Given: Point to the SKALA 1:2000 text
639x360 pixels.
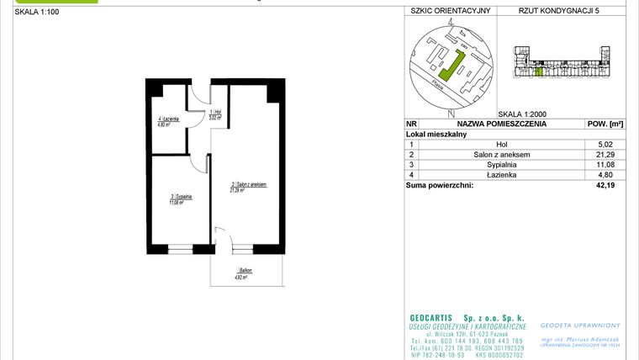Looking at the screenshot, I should [x=522, y=114].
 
